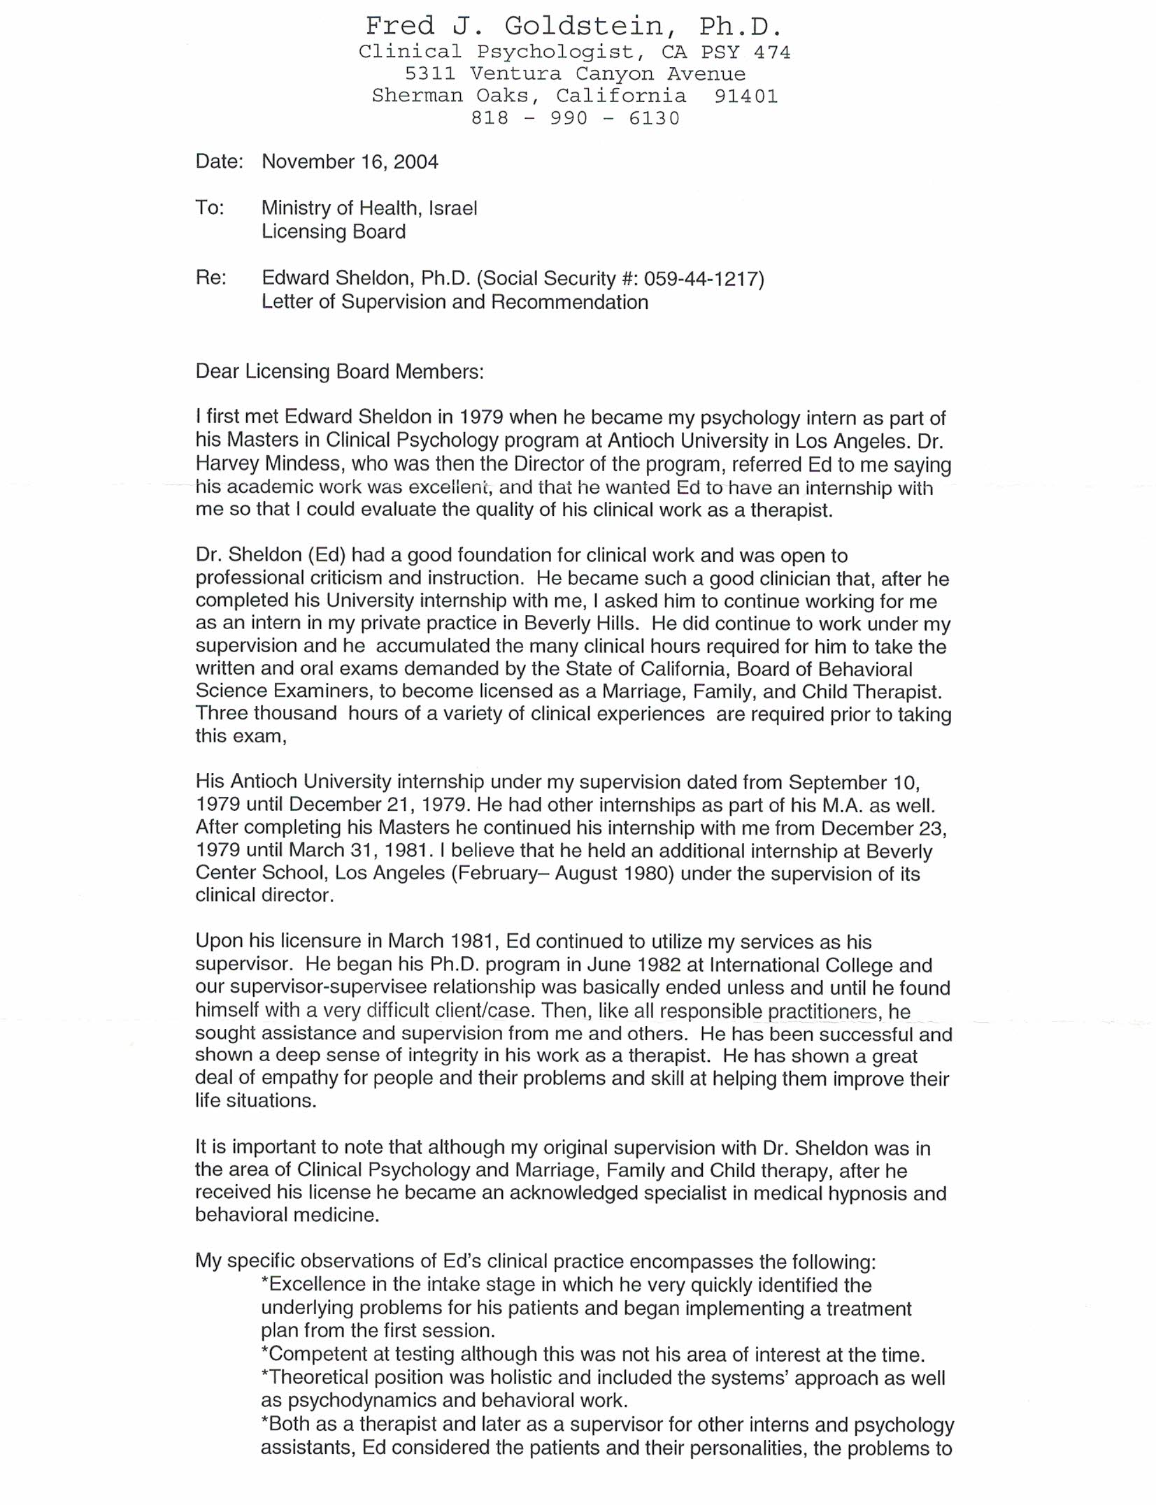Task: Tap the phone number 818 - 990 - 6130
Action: click(575, 118)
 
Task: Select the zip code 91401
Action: click(745, 96)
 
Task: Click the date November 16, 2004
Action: click(350, 162)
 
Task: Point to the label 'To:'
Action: click(210, 208)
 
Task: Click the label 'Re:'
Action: click(210, 278)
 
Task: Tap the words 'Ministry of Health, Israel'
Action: click(369, 208)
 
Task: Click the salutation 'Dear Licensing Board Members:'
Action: click(339, 371)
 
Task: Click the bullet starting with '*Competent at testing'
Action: click(592, 1355)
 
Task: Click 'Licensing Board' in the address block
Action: click(333, 232)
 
